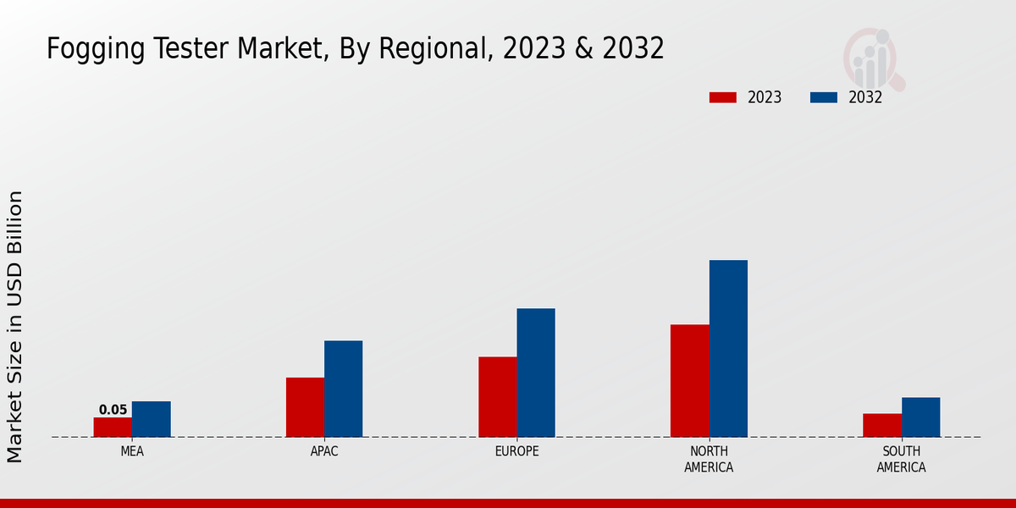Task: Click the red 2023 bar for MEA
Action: coord(113,427)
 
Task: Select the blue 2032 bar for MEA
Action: coord(151,419)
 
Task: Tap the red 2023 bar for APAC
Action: coord(305,407)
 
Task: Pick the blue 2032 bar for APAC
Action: coord(343,389)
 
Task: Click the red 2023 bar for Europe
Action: coord(497,397)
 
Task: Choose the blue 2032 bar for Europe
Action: coord(536,373)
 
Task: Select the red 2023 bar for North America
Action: coord(689,381)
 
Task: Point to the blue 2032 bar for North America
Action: coord(728,348)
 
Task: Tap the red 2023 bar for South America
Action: coord(881,425)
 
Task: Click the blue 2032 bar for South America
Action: coord(920,417)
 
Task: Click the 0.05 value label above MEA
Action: coord(113,410)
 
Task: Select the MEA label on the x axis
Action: coord(132,451)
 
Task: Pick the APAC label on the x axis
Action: coord(324,451)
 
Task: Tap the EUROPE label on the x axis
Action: coord(516,451)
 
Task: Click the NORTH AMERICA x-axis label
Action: coord(709,459)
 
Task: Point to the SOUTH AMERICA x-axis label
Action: coord(901,459)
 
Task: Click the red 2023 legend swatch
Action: coord(723,97)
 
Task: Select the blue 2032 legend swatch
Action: coord(824,97)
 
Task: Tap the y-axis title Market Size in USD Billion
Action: coord(15,327)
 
